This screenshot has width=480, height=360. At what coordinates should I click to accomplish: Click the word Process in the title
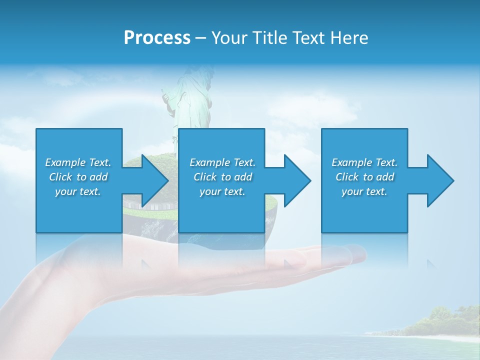click(157, 38)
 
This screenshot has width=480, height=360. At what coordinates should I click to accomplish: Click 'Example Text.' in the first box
click(78, 162)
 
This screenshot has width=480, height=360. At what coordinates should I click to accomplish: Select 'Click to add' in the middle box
click(222, 177)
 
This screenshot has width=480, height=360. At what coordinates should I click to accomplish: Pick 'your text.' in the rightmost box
click(364, 191)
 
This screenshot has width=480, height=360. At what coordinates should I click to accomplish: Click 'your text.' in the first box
click(78, 191)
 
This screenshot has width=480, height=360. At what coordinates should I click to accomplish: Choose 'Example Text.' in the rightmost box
click(364, 162)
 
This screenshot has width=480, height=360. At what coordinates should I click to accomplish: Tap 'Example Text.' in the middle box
click(222, 162)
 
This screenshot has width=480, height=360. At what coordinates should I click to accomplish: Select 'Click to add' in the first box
click(78, 177)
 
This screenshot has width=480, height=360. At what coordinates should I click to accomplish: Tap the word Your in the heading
click(229, 38)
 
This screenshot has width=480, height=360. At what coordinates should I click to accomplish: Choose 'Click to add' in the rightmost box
click(364, 177)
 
